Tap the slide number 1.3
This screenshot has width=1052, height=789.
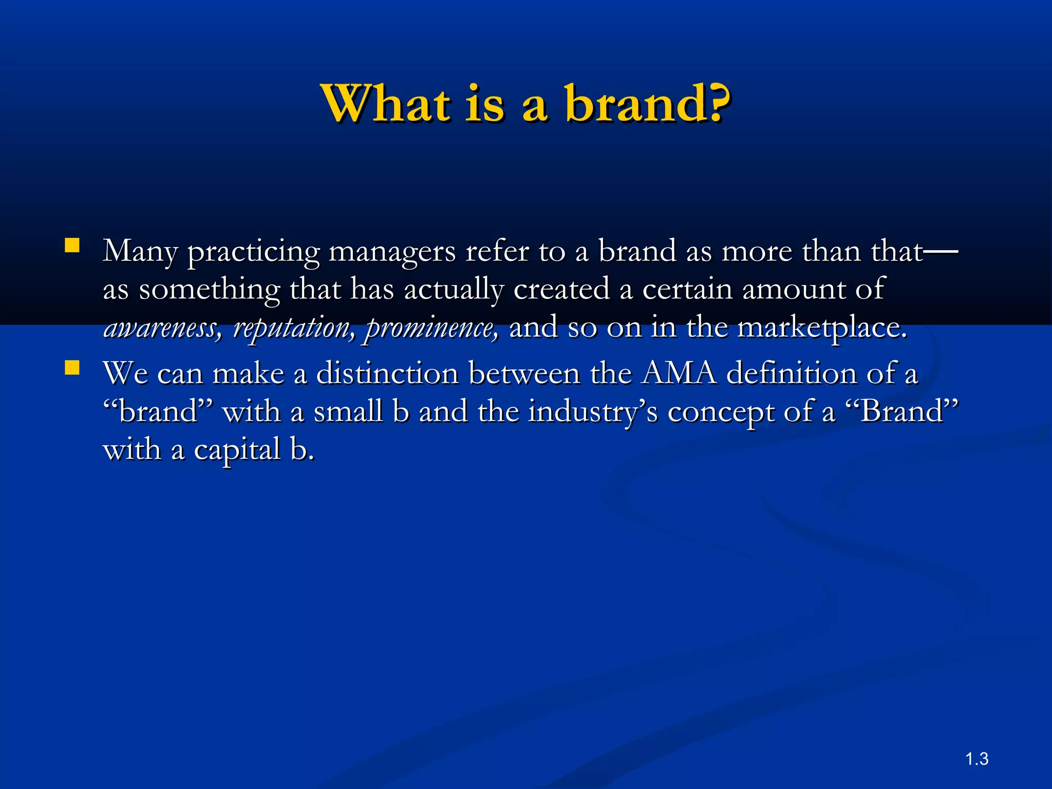[x=976, y=759]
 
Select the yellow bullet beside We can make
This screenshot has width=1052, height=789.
[x=72, y=368]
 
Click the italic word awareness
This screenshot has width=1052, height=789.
[x=162, y=327]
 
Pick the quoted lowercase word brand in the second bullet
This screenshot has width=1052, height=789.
[x=157, y=411]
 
